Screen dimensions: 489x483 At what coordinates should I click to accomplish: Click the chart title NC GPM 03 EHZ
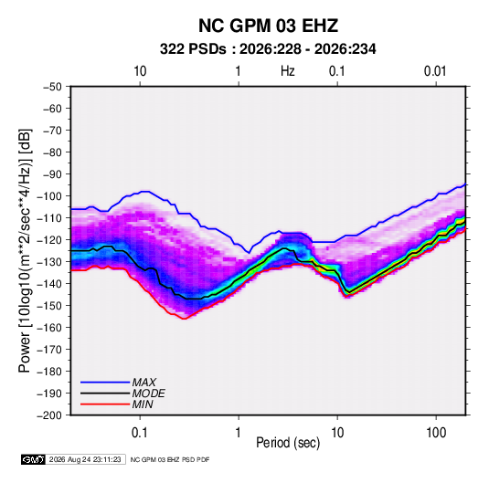268,26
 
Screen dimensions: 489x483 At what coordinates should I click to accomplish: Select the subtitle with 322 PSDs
268,49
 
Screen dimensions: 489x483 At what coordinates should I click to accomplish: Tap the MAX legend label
144,382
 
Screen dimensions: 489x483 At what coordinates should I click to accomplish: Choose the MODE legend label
148,394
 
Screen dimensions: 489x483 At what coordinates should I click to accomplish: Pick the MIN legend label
143,404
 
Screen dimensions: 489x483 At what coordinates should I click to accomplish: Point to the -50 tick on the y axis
52,87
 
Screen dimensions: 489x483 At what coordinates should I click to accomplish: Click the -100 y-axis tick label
49,196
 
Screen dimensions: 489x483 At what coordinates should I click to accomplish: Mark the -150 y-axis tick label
49,306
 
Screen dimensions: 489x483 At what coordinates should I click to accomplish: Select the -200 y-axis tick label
49,415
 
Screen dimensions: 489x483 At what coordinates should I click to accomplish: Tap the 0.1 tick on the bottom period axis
140,433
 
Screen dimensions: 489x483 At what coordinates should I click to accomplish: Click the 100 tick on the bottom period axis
436,433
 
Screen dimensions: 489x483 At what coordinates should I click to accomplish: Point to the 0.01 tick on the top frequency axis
435,71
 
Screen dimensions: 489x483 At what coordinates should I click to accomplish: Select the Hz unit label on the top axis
288,71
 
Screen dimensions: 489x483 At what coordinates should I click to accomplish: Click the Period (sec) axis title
288,443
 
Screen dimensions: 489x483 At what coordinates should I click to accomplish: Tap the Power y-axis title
25,250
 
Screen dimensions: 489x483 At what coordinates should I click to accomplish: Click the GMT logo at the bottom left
33,459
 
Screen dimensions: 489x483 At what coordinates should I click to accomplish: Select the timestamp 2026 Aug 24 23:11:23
85,459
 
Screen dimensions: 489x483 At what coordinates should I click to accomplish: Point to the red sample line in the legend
105,404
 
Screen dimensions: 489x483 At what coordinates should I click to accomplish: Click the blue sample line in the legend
105,382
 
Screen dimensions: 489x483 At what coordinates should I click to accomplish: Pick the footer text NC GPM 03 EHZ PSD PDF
170,459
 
